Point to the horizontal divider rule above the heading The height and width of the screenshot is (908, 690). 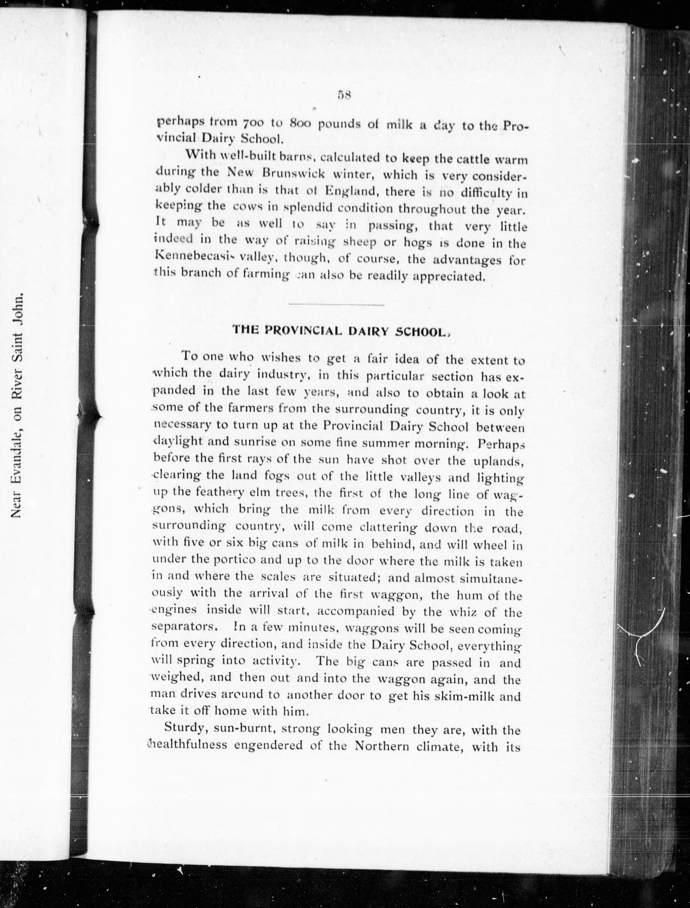pyautogui.click(x=337, y=305)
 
